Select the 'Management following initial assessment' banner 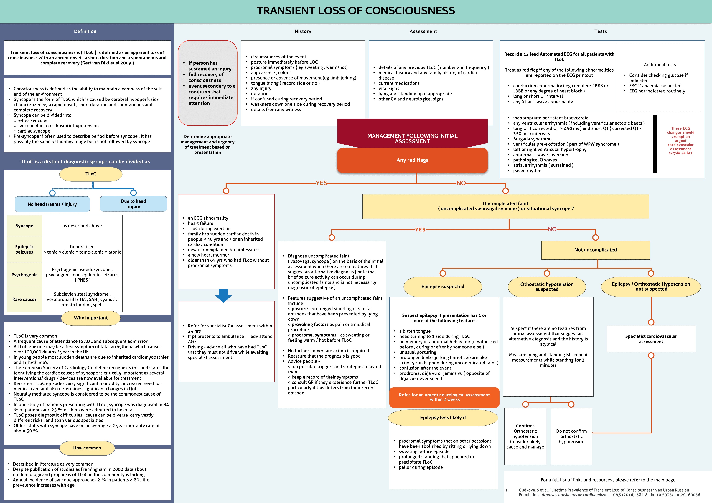(x=412, y=138)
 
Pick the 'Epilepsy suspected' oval (x=443, y=286)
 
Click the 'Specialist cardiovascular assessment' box (x=651, y=339)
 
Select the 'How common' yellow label (x=87, y=448)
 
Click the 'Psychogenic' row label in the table (x=24, y=275)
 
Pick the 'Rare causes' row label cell (x=24, y=299)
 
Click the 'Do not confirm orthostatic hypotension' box (x=571, y=436)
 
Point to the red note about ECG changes (x=680, y=140)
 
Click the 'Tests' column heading (x=600, y=31)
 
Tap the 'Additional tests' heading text (x=660, y=65)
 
